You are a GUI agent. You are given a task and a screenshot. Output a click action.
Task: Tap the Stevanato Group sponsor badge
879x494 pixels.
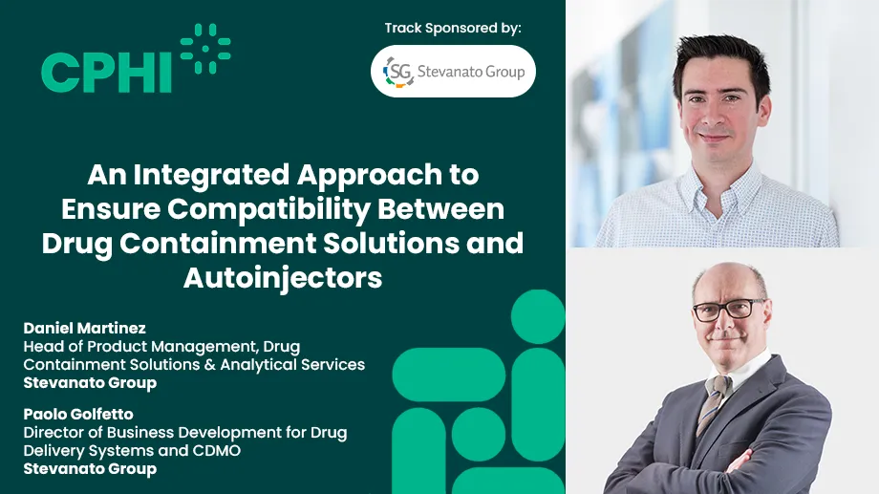coord(453,72)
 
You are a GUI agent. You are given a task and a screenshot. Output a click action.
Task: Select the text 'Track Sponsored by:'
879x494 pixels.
coord(453,28)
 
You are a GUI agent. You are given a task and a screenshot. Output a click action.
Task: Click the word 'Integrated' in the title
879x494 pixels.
coord(236,175)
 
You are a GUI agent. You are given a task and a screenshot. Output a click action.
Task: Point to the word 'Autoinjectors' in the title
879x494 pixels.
coord(283,277)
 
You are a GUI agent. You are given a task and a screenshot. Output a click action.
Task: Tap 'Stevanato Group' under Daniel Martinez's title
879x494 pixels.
coord(90,383)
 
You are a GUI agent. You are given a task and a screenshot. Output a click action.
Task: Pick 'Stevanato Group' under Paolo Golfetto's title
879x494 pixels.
coord(90,469)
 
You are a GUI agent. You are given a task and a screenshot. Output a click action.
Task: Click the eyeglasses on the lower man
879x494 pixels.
coord(729,310)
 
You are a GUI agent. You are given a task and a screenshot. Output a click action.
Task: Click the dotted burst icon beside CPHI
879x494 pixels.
coord(204,49)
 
